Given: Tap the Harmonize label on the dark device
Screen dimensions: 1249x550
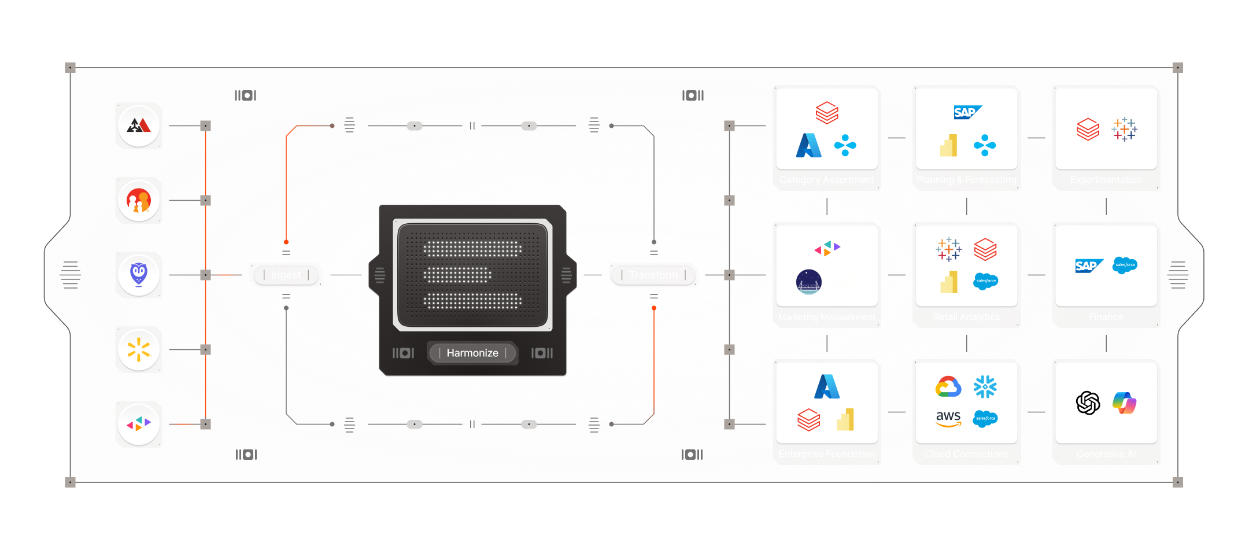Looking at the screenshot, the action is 472,353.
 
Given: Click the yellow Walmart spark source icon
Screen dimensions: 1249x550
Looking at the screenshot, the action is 139,349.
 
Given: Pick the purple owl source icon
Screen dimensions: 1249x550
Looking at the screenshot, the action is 139,275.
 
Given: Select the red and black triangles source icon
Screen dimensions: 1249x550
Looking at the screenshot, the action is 139,125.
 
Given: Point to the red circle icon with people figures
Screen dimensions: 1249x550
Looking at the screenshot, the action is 139,201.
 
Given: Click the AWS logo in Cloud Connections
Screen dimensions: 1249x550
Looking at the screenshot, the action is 948,418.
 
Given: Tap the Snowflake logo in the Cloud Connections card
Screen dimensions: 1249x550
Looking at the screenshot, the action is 985,387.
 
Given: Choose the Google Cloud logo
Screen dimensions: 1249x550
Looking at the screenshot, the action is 948,387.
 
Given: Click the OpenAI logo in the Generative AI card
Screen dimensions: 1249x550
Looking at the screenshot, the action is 1088,403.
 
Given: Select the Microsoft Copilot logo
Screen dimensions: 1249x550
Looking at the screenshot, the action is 1125,403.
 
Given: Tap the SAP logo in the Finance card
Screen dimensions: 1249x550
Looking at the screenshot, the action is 1088,266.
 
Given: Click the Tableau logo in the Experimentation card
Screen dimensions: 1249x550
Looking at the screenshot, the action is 1124,130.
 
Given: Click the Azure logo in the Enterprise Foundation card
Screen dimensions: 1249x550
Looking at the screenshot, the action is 827,387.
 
